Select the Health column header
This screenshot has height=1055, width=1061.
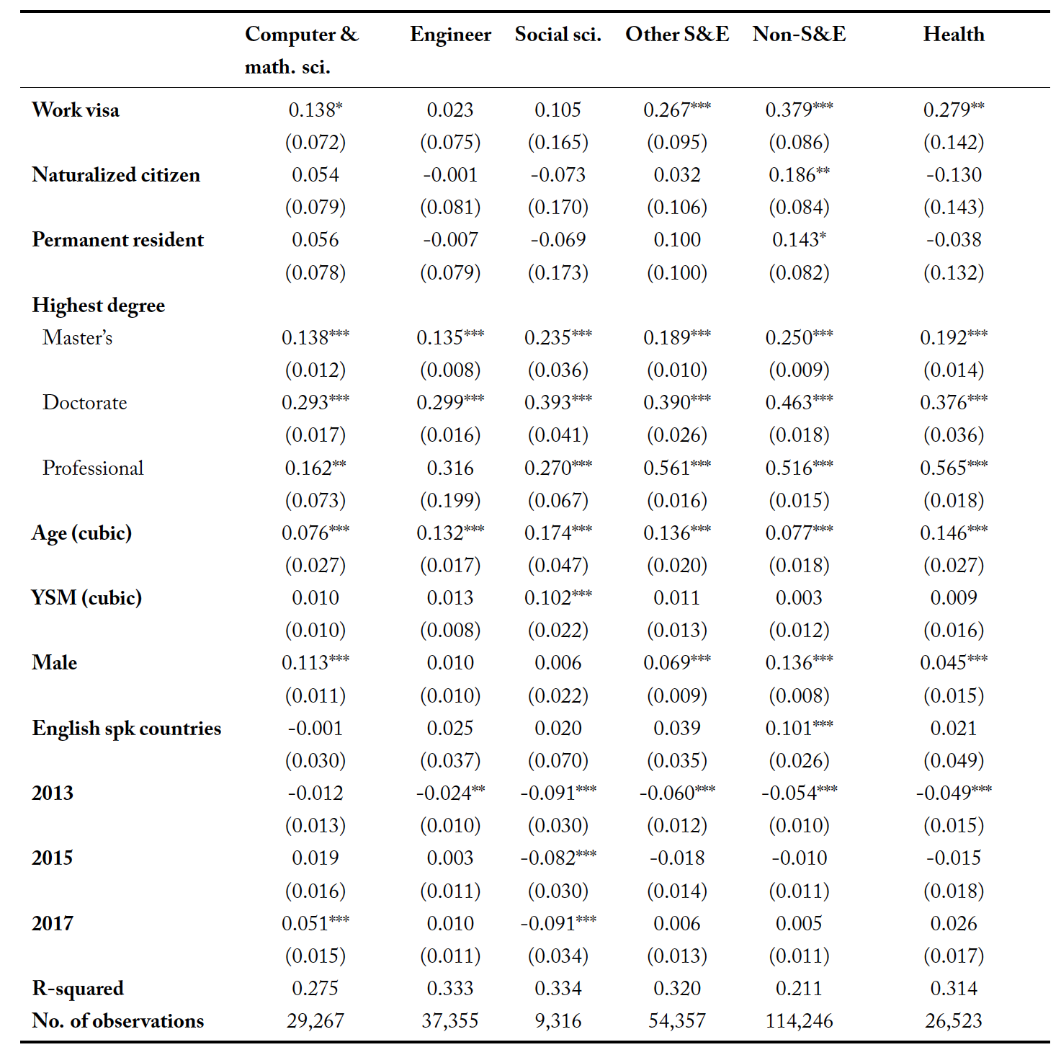953,34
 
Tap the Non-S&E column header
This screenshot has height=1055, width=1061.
799,34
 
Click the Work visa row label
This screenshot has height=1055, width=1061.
76,110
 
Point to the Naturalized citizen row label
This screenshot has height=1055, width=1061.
116,174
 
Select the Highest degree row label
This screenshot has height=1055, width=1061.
98,306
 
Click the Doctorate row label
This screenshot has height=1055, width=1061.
85,403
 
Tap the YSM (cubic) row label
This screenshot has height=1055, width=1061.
86,597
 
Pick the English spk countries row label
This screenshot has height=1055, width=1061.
127,729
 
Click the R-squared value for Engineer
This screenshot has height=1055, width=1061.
450,988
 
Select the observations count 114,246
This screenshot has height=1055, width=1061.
799,1021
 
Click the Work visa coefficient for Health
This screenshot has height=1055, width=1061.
953,110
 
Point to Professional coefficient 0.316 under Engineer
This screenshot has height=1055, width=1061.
450,468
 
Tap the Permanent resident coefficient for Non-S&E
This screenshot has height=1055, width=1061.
799,240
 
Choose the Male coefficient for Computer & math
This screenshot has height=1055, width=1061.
315,663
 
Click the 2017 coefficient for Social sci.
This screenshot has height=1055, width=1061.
558,923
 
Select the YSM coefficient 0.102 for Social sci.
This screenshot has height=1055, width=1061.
558,597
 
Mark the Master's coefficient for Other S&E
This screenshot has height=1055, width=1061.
676,338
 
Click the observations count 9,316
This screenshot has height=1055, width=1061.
558,1021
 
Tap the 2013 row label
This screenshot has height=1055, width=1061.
53,793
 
